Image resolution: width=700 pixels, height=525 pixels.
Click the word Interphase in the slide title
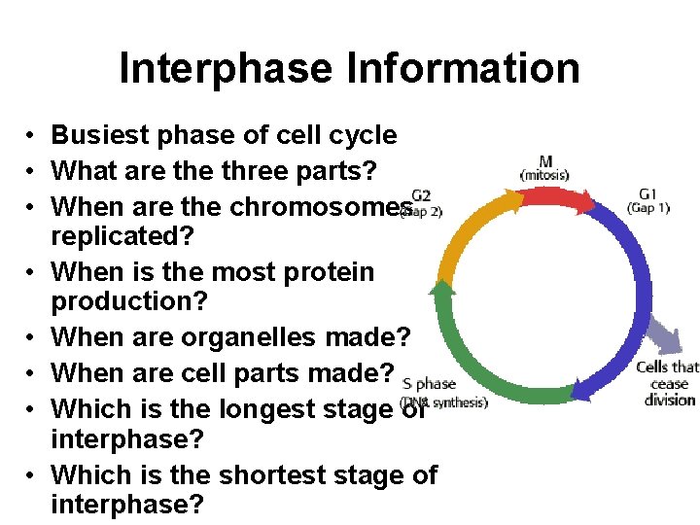click(225, 69)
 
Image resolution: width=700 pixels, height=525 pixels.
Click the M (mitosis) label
click(544, 167)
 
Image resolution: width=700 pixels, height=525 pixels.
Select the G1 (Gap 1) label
click(648, 199)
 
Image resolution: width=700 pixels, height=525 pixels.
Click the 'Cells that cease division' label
click(667, 383)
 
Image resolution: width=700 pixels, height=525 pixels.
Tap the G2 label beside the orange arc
click(421, 195)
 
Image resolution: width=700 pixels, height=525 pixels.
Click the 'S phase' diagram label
click(429, 384)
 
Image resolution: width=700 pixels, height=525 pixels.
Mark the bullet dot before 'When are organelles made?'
click(32, 338)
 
